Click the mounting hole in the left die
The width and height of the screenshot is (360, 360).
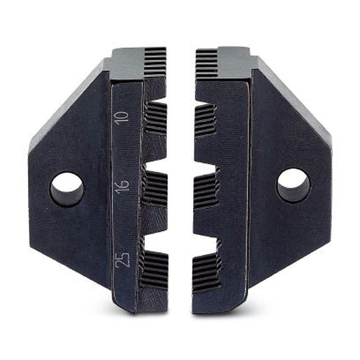tap(67, 189)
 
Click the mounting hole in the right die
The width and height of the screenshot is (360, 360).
tap(293, 186)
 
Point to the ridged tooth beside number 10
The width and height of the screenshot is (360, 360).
tap(156, 118)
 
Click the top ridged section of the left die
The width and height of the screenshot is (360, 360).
tap(156, 62)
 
